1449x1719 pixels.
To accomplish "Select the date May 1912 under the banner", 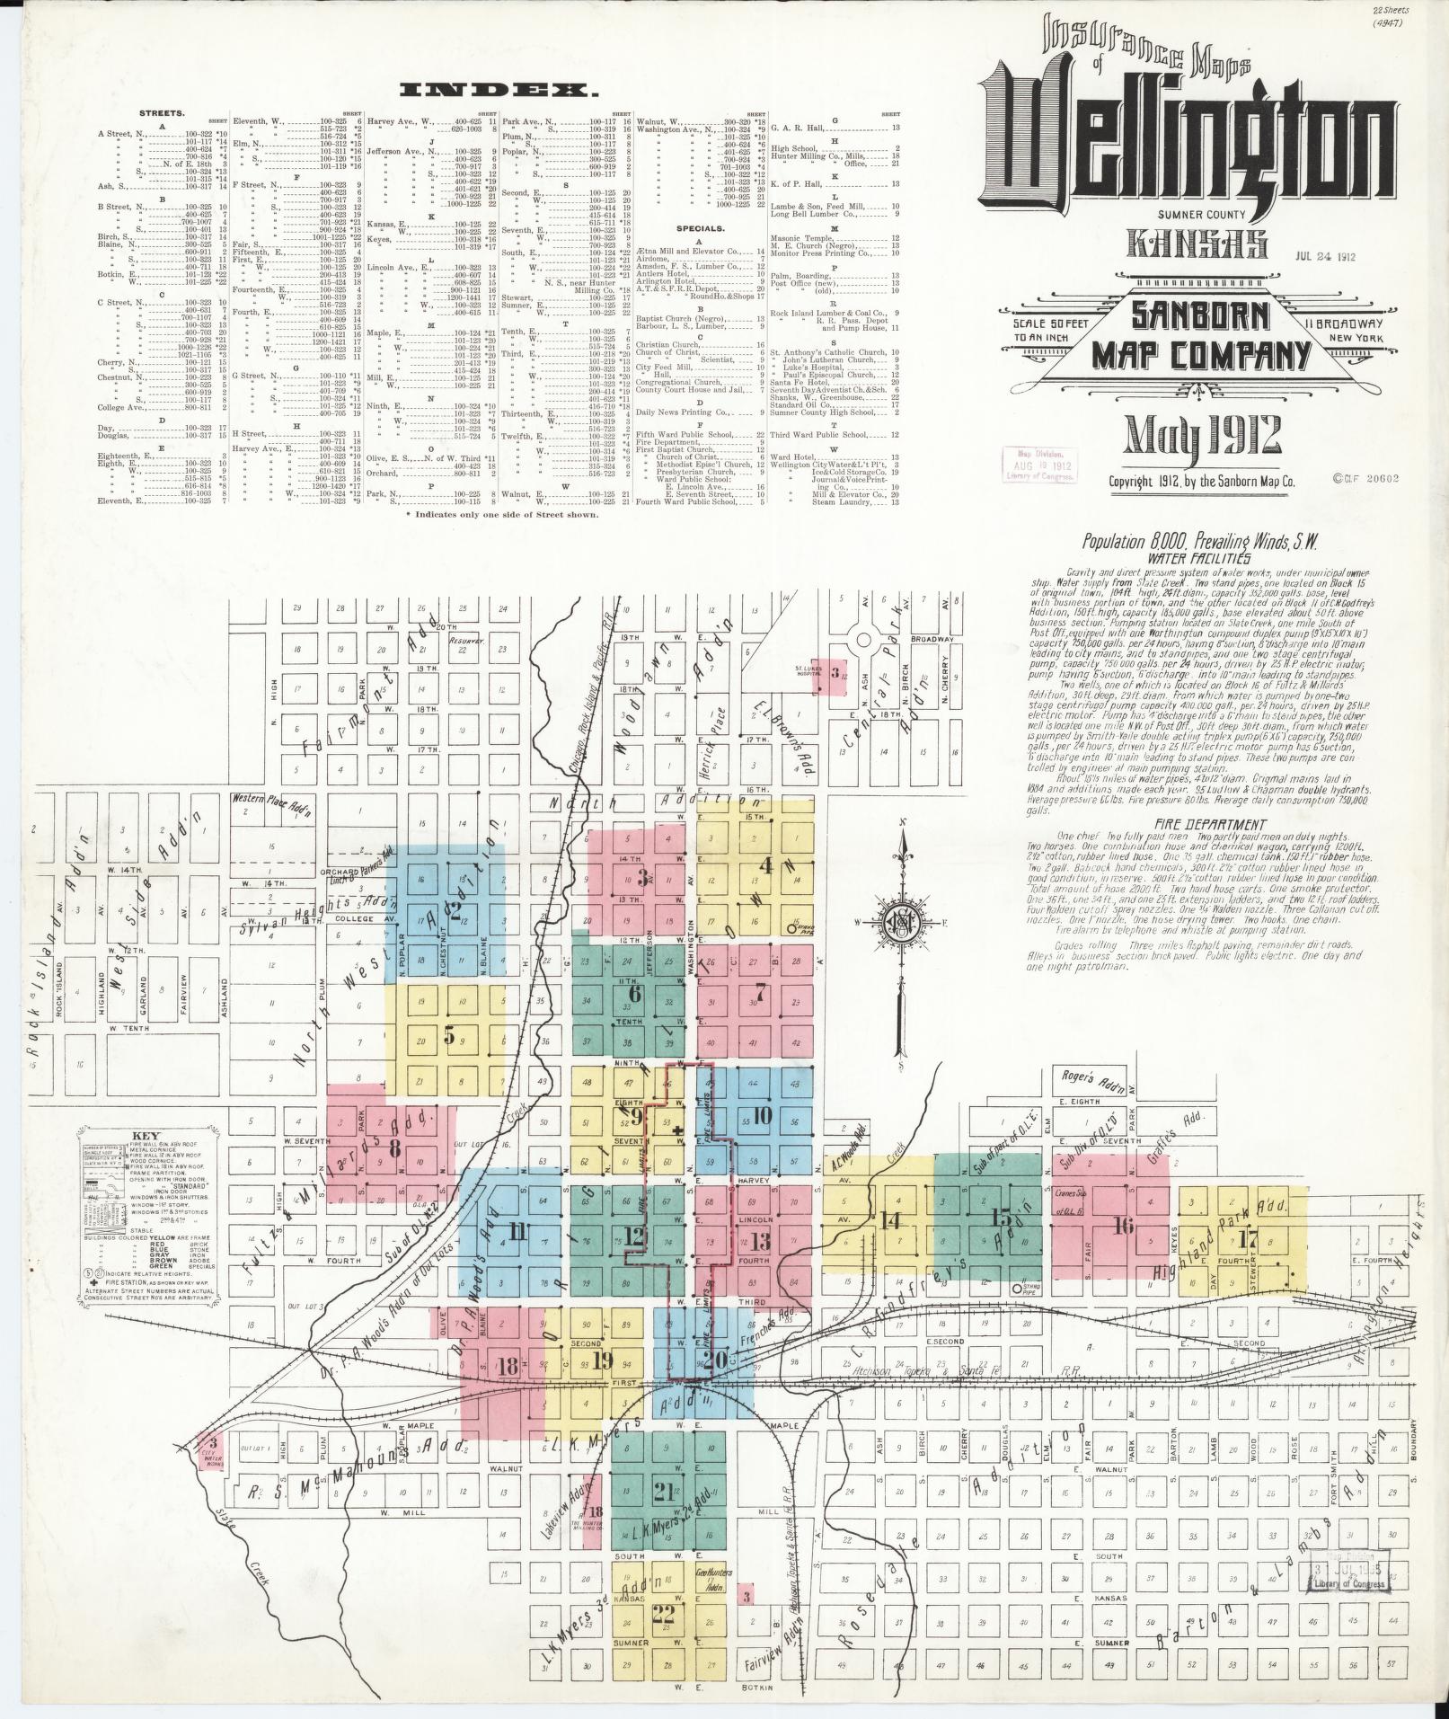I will click(1204, 435).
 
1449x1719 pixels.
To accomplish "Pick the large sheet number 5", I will click(448, 1034).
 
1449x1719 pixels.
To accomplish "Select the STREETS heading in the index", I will click(162, 114).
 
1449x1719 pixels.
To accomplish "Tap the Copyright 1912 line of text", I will click(1201, 482).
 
